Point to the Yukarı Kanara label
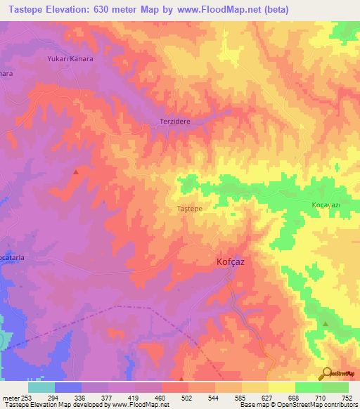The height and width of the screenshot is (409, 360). pyautogui.click(x=50, y=59)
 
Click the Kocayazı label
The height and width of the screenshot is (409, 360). pyautogui.click(x=326, y=203)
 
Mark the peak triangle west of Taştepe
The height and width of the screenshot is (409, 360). pyautogui.click(x=76, y=171)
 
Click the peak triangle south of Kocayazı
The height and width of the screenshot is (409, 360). pyautogui.click(x=326, y=323)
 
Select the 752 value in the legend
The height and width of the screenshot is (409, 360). pyautogui.click(x=347, y=398)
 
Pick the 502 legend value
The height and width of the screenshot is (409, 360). pyautogui.click(x=188, y=398)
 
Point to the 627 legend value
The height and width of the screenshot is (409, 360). pyautogui.click(x=267, y=398)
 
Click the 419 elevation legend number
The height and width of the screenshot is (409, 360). pyautogui.click(x=134, y=398)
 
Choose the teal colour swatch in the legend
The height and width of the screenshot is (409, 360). pyautogui.click(x=41, y=387)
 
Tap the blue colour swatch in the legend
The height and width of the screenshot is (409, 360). pyautogui.click(x=67, y=387)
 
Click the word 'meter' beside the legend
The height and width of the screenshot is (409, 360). pyautogui.click(x=10, y=398)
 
